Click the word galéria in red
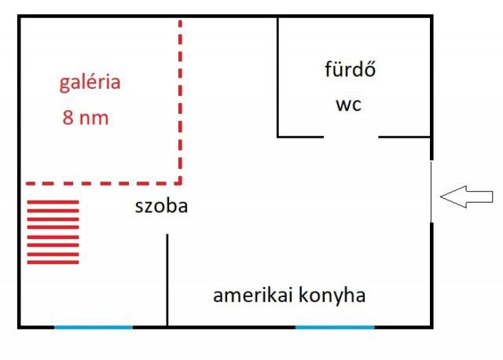[90, 83]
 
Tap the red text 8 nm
[85, 119]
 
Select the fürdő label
[351, 70]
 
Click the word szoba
[160, 207]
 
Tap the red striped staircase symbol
[53, 232]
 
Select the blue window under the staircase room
[93, 326]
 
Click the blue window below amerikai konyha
[335, 326]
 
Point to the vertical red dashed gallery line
[180, 94]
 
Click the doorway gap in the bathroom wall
[351, 137]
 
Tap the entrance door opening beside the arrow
[431, 191]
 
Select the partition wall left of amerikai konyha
[167, 279]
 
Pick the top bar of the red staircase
[53, 203]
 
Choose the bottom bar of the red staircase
[53, 262]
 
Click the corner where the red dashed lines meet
[180, 182]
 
